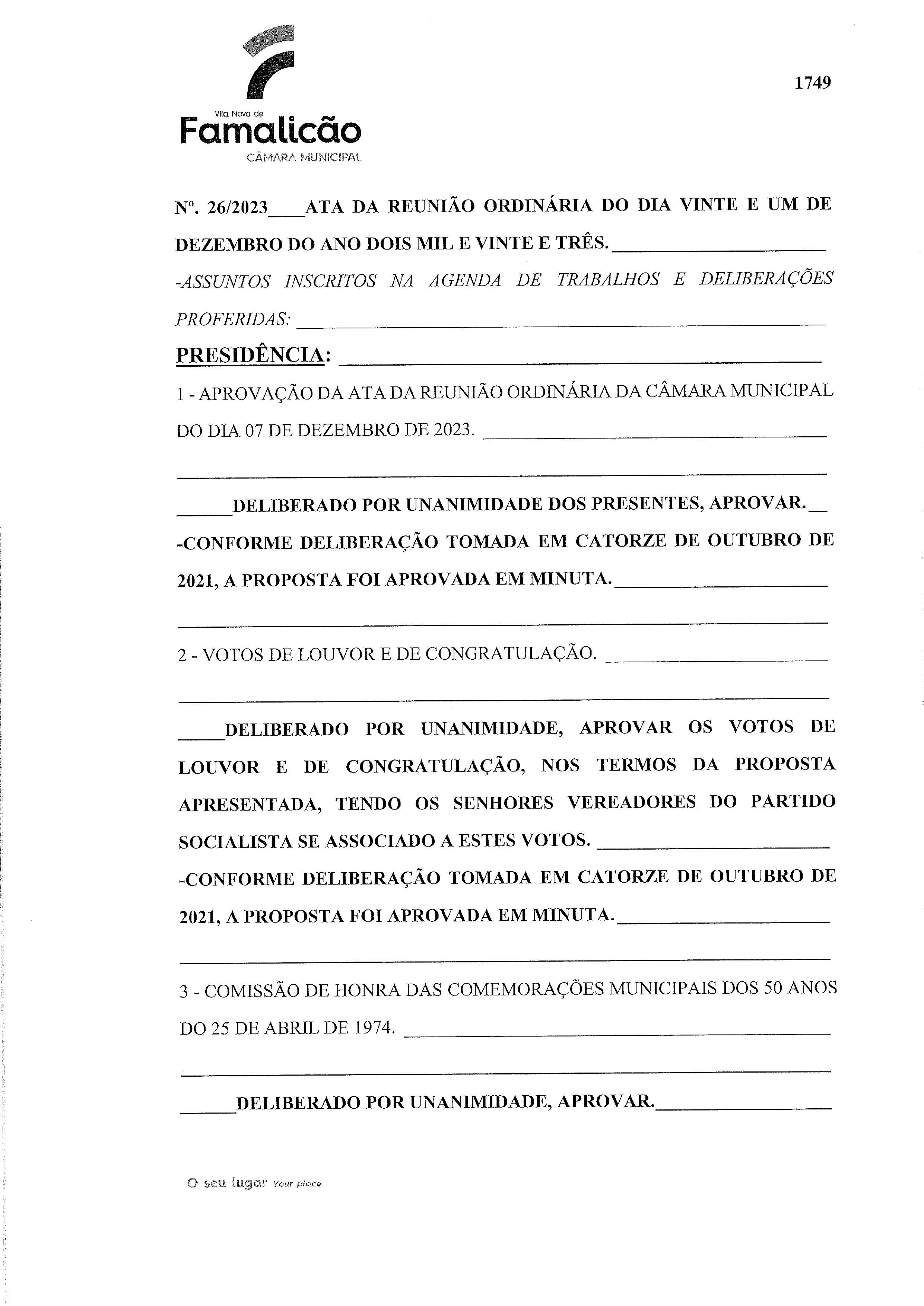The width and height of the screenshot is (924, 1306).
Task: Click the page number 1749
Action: tap(813, 83)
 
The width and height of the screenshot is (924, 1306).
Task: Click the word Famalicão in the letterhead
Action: tap(270, 130)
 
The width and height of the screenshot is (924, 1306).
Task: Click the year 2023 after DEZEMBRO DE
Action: tap(453, 430)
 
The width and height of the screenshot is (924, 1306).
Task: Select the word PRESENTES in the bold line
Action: tap(645, 503)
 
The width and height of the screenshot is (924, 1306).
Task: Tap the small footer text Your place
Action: tap(297, 1184)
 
